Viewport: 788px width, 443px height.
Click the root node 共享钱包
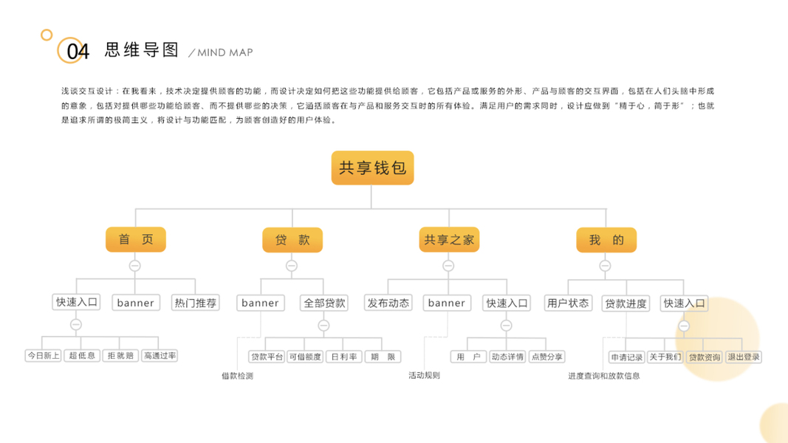(372, 168)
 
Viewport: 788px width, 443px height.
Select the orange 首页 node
(135, 239)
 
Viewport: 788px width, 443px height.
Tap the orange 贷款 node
(292, 240)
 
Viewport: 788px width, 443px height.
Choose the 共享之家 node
(449, 240)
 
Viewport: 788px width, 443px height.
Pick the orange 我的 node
(606, 240)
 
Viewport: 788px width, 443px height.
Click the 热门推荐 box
(196, 303)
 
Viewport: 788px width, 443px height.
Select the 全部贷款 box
(324, 303)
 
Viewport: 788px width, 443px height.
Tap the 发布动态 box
(388, 303)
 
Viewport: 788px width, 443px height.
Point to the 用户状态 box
(568, 303)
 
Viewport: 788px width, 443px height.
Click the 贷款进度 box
(626, 303)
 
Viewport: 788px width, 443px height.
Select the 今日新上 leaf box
(44, 356)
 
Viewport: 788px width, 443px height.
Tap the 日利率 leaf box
(344, 357)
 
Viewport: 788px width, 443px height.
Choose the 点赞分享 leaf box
(547, 357)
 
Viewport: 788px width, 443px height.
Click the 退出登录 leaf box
(743, 357)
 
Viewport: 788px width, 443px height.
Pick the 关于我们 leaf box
(665, 357)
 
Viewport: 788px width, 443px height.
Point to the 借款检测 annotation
(237, 376)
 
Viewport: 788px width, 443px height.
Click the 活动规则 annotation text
(424, 375)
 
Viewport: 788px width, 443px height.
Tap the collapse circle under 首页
(134, 266)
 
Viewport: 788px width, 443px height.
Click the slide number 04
(78, 52)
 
